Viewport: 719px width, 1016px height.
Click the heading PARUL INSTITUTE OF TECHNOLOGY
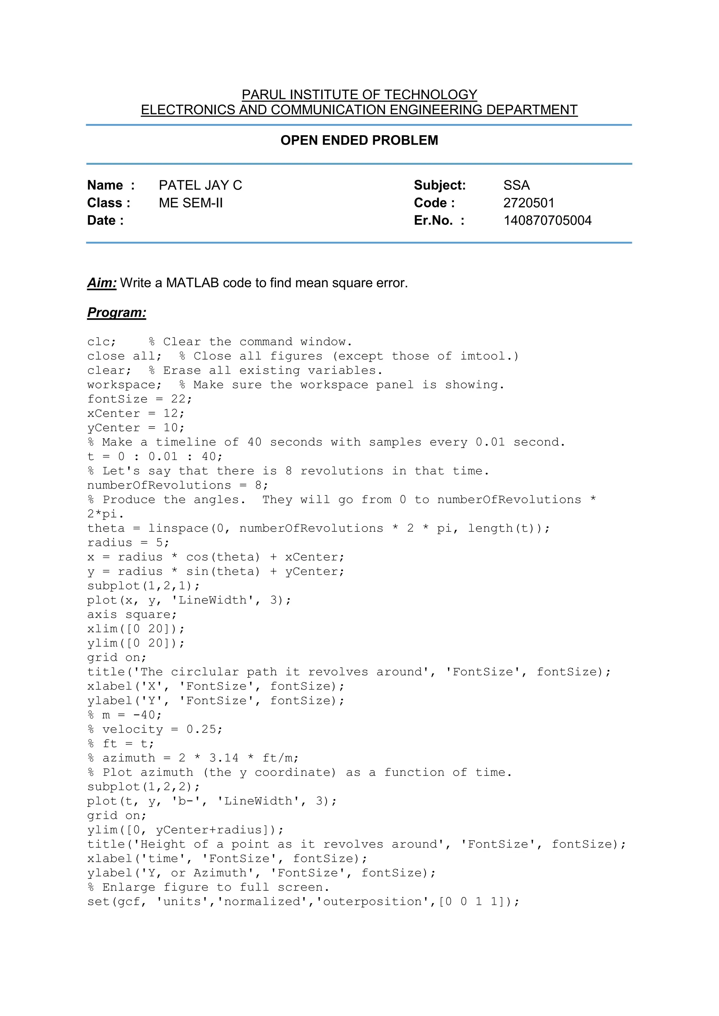[x=359, y=95]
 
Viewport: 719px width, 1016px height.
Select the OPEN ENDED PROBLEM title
[x=359, y=140]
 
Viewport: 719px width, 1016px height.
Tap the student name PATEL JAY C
[x=200, y=185]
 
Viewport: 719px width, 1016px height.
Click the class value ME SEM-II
[x=191, y=203]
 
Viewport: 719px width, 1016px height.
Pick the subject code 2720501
[x=529, y=203]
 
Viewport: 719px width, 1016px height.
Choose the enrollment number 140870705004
[x=547, y=220]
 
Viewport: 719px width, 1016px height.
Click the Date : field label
[x=105, y=220]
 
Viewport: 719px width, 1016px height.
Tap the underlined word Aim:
[x=102, y=283]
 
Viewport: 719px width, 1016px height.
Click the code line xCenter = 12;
[x=136, y=413]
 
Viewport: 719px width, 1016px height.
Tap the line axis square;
[x=132, y=614]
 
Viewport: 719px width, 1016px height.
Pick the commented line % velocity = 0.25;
[x=155, y=729]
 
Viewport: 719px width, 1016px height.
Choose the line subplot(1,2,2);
[x=144, y=787]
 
